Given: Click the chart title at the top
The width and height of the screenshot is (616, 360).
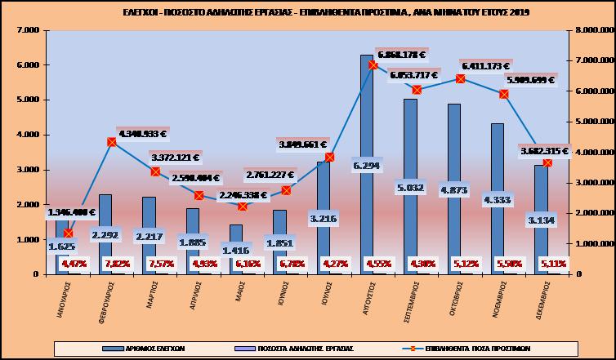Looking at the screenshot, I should [x=308, y=12].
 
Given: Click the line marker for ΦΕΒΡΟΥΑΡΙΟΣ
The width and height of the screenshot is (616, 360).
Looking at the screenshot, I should [x=112, y=142].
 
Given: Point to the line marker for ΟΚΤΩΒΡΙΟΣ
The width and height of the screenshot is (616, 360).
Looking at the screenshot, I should [x=461, y=78].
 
